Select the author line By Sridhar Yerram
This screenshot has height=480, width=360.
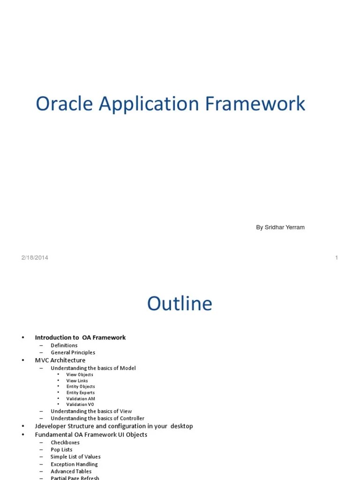280,227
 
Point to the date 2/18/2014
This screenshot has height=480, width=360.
34,257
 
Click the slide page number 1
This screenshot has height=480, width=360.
337,257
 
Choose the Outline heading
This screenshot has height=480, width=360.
180,304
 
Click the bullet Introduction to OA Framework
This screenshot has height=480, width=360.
80,337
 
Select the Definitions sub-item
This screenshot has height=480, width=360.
64,345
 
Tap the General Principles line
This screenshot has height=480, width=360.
73,352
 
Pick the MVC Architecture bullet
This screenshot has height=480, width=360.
60,360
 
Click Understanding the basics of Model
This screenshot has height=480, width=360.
93,368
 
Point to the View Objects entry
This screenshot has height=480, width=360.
80,375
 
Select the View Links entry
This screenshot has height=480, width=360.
77,381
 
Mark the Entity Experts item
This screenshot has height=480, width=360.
80,393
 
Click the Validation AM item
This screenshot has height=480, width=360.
81,399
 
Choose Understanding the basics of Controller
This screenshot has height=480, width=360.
97,418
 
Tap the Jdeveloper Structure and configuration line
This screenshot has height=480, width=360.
114,426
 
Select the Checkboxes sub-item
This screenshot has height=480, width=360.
65,442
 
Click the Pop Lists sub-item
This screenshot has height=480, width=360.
61,450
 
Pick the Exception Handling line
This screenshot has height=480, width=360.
74,464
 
